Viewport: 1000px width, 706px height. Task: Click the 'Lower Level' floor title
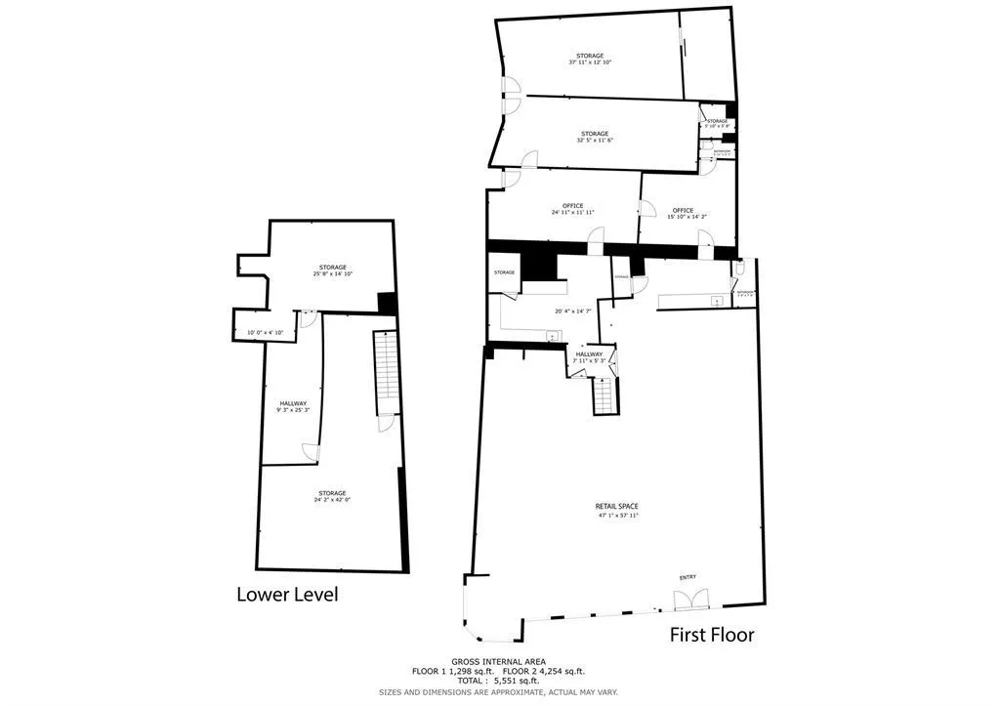(287, 594)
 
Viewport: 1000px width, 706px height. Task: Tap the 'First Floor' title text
(711, 635)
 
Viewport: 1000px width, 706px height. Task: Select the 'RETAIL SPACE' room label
(617, 510)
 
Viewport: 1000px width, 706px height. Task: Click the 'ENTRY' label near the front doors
(687, 577)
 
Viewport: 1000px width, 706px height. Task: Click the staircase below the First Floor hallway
(605, 395)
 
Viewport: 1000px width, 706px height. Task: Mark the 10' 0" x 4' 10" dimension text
(265, 333)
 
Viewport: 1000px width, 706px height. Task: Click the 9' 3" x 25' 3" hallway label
(293, 407)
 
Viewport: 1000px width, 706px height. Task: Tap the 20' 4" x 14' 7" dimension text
(574, 311)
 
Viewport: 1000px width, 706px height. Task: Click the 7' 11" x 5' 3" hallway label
(589, 358)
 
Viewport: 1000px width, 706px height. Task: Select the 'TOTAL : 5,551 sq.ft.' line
(498, 681)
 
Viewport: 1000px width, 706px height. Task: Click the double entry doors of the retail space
(687, 598)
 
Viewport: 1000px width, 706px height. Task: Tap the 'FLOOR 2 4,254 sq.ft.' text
(544, 671)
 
